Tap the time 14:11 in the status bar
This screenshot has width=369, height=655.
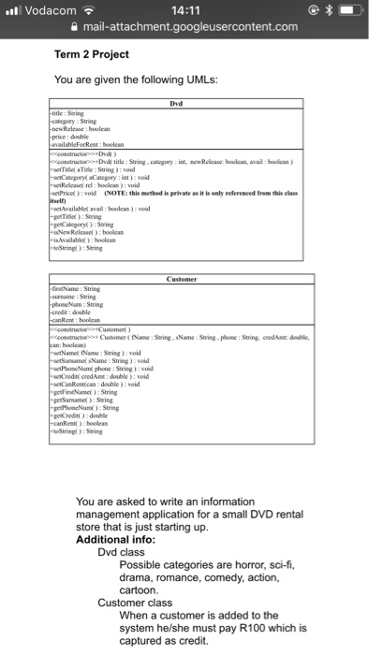[184, 9]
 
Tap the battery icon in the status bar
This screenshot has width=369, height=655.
[347, 9]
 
